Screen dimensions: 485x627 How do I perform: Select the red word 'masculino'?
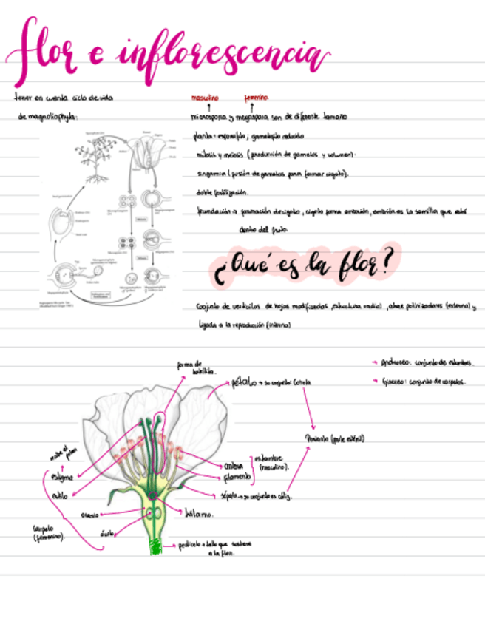click(x=205, y=98)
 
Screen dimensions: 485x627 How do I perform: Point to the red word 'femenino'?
click(x=256, y=98)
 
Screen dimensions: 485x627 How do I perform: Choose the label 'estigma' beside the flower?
click(x=62, y=478)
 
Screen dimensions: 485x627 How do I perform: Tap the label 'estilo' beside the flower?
click(x=60, y=495)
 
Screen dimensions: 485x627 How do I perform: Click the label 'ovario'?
click(x=90, y=514)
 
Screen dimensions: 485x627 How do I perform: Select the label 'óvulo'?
click(x=107, y=532)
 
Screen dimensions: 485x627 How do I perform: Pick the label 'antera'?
click(x=233, y=466)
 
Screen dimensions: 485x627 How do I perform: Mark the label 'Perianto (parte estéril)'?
click(x=334, y=438)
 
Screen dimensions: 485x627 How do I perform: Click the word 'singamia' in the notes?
click(x=210, y=174)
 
